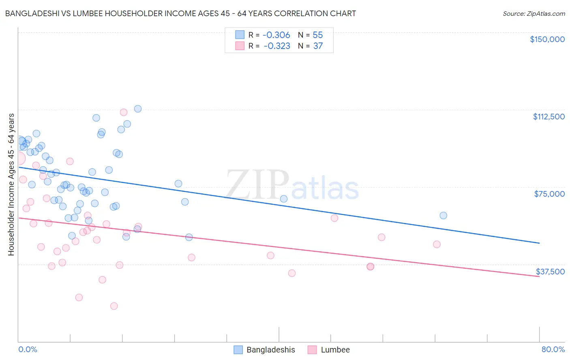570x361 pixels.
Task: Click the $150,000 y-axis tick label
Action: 547,39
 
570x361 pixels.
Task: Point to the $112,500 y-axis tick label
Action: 549,117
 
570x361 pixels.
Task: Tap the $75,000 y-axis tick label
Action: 549,194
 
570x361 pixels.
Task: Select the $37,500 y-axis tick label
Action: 550,272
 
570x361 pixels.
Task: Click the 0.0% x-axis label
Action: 28,349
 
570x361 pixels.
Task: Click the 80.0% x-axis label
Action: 553,349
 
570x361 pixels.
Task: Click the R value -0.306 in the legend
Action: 276,35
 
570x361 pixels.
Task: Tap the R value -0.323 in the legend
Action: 276,46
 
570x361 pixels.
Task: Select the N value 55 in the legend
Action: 317,35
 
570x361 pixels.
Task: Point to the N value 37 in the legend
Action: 318,46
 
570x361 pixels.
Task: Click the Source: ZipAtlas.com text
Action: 534,14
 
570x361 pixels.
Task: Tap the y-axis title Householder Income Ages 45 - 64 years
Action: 11,185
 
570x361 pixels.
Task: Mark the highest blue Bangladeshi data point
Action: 138,109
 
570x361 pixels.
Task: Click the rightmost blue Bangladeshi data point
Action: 443,216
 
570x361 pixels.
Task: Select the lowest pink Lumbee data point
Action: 114,306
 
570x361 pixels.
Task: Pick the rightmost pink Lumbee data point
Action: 437,244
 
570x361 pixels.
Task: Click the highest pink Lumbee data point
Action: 124,113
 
